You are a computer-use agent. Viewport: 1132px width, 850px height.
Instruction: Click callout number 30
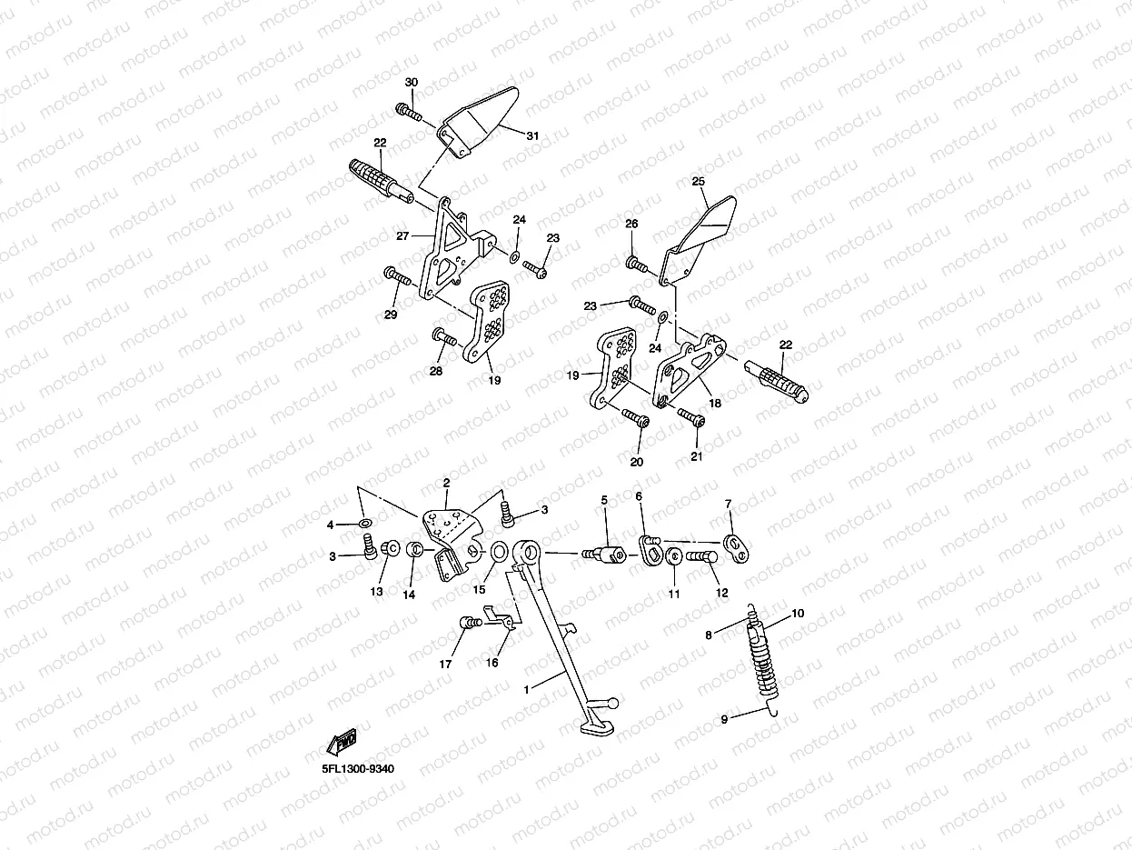[x=412, y=83]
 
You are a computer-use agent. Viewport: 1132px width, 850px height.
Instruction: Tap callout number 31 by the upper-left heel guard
[x=532, y=135]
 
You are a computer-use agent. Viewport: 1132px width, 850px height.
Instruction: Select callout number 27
[x=402, y=235]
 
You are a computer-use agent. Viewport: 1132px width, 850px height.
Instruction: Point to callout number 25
[x=698, y=182]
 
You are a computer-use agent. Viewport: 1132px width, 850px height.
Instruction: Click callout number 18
[x=715, y=403]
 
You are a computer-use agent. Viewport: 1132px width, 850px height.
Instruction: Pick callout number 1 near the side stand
[x=526, y=690]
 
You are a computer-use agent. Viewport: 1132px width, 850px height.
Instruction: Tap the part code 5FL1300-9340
[x=358, y=769]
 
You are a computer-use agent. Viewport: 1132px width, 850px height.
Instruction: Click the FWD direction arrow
[x=341, y=743]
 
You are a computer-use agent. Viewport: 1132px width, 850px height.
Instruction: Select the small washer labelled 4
[x=364, y=524]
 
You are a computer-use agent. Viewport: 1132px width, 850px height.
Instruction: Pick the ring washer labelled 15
[x=499, y=552]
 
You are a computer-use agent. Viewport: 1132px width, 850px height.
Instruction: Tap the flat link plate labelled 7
[x=734, y=545]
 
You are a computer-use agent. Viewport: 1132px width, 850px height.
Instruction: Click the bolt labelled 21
[x=692, y=418]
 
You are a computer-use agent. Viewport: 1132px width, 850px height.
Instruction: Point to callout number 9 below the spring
[x=725, y=719]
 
